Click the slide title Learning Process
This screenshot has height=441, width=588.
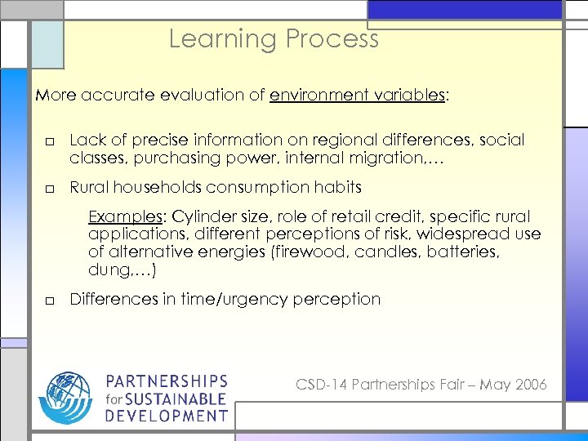pyautogui.click(x=274, y=38)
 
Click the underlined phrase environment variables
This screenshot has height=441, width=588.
pyautogui.click(x=357, y=95)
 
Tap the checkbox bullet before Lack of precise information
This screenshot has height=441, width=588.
pyautogui.click(x=49, y=141)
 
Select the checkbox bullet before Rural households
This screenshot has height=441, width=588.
pyautogui.click(x=49, y=189)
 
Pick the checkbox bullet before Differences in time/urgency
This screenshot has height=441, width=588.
pyautogui.click(x=49, y=301)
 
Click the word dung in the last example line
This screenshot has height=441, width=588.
pyautogui.click(x=105, y=270)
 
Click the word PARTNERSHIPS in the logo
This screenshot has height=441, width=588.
pyautogui.click(x=167, y=382)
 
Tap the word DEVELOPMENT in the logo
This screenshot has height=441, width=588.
pyautogui.click(x=167, y=416)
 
